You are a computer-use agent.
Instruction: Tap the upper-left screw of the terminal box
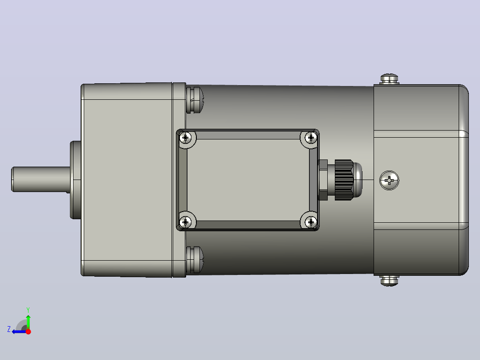(185, 138)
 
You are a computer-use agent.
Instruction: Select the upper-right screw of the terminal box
(311, 138)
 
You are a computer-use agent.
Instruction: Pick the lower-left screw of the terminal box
(185, 222)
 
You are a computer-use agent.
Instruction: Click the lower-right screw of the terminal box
(311, 222)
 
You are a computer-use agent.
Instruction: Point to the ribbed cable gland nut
(344, 180)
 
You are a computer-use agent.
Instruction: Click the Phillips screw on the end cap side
(389, 180)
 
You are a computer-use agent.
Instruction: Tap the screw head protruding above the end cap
(389, 78)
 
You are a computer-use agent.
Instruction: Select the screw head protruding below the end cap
(389, 281)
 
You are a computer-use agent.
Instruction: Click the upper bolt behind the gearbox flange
(195, 100)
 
